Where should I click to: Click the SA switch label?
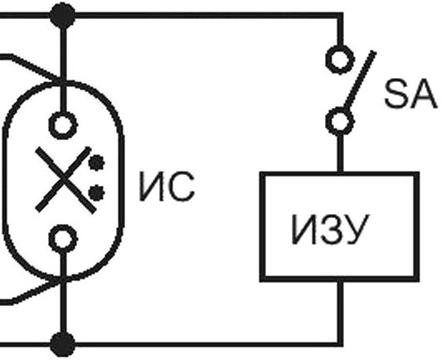[411, 94]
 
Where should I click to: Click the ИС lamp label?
[167, 187]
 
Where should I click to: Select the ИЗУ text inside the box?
[330, 230]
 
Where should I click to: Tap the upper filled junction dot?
[62, 15]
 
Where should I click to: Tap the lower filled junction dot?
[62, 344]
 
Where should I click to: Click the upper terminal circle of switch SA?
[340, 60]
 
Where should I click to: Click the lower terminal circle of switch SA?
[340, 122]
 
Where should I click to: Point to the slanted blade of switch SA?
[360, 80]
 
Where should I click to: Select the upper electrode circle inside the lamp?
[63, 125]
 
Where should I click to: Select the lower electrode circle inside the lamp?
[63, 238]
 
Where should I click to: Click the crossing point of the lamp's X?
[65, 179]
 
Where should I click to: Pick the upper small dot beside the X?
[96, 163]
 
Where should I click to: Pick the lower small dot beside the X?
[96, 193]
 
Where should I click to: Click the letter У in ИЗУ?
[356, 230]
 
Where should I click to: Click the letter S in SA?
[395, 94]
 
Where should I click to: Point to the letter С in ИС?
[182, 187]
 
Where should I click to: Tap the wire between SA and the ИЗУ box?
[340, 153]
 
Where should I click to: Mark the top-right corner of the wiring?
[340, 15]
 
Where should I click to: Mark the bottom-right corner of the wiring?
[340, 344]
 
